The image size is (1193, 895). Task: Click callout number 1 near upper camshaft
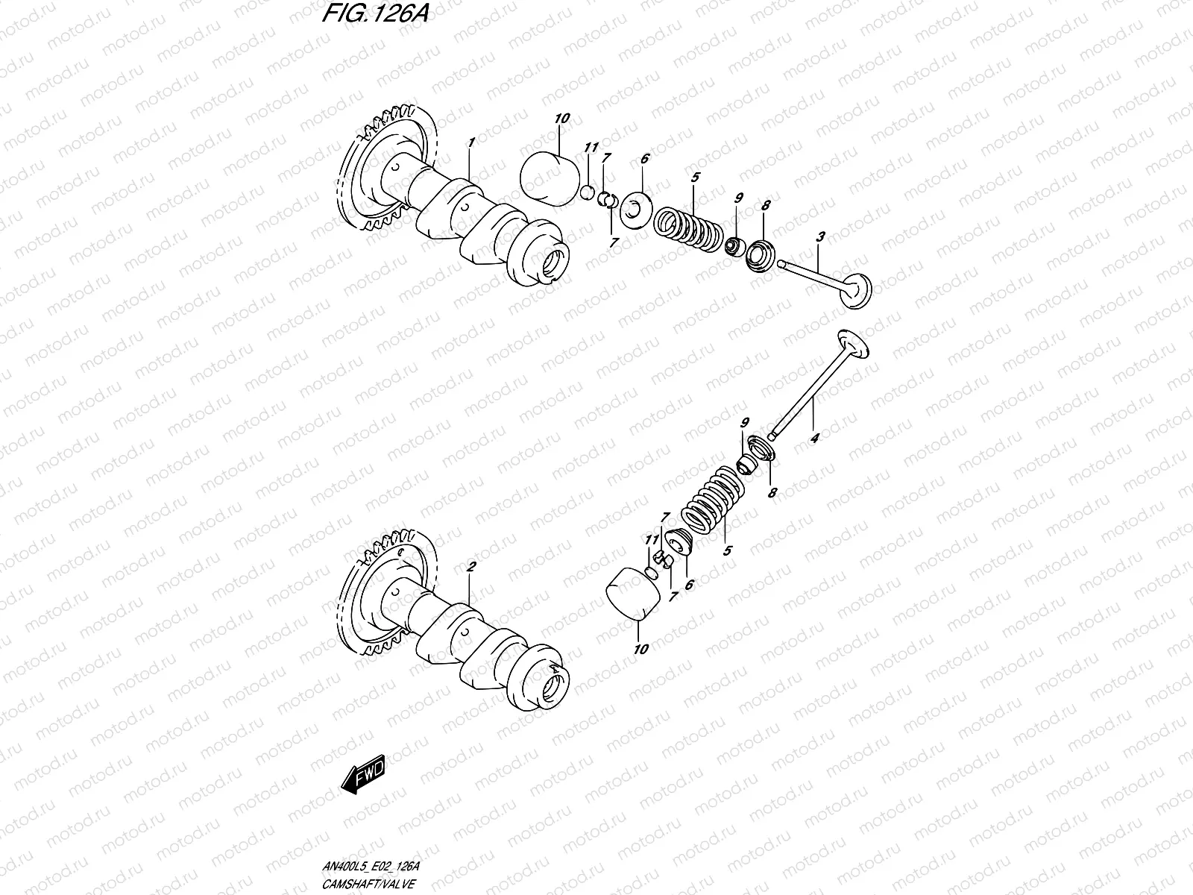(x=470, y=141)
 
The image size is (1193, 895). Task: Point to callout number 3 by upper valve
(x=819, y=238)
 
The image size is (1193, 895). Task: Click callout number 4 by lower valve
(x=814, y=438)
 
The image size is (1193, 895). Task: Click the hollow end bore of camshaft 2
(x=555, y=685)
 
